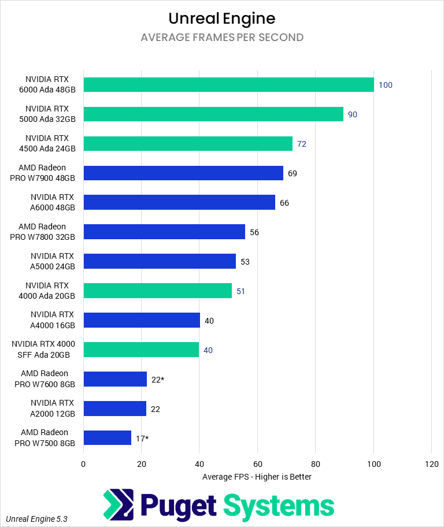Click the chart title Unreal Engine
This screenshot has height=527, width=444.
(x=222, y=18)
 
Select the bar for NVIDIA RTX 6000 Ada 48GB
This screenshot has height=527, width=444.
(x=228, y=84)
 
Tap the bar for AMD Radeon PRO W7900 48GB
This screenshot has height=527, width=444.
(x=183, y=173)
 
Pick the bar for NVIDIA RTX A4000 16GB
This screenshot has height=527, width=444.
(x=142, y=320)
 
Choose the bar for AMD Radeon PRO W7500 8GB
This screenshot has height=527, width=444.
(x=107, y=438)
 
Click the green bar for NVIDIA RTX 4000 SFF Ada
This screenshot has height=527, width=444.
(x=141, y=350)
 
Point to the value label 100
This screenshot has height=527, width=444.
(x=386, y=85)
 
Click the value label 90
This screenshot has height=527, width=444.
(x=353, y=114)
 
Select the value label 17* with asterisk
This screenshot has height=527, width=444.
(x=142, y=439)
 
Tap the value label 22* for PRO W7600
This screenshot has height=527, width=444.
(x=158, y=380)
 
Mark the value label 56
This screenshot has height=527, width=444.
(x=254, y=232)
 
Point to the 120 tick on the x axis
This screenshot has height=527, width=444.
(x=431, y=463)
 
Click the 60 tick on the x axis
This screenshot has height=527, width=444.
(x=257, y=463)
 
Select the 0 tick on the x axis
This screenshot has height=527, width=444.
(x=84, y=463)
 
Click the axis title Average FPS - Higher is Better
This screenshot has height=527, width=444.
(x=257, y=477)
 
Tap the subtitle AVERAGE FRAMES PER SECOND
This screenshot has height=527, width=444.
(x=222, y=38)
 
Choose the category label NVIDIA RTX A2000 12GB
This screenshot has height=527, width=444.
(x=53, y=409)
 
